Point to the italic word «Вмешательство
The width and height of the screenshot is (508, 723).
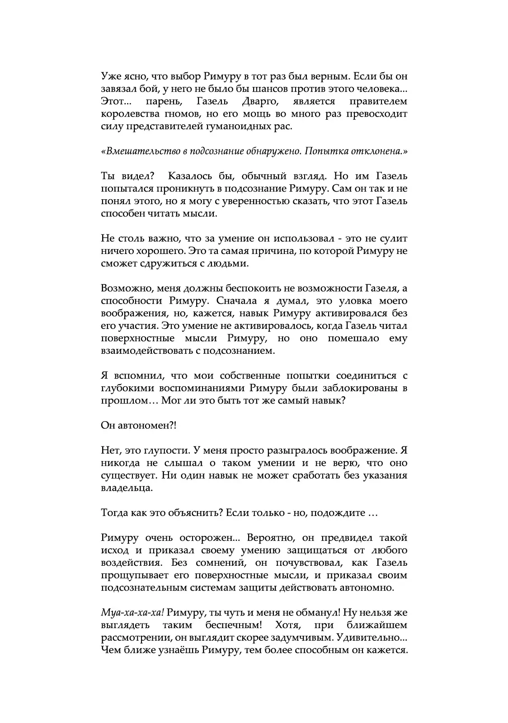141,151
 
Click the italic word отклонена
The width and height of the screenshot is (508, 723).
380,151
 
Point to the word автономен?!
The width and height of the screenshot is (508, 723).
147,426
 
